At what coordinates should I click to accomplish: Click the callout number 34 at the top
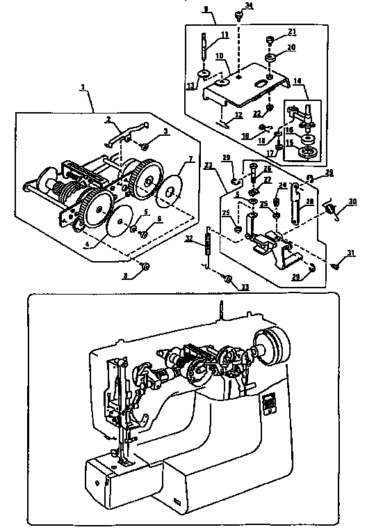coord(250,6)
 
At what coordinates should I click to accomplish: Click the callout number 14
coord(297,81)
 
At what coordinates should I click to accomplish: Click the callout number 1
coord(83,88)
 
